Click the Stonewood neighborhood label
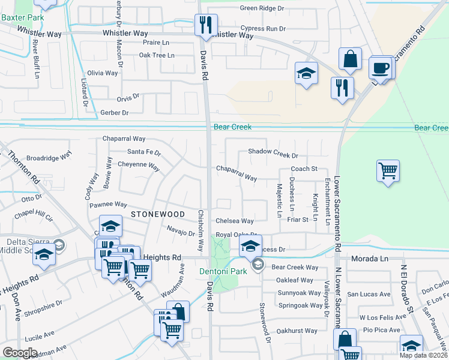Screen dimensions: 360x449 [158, 214]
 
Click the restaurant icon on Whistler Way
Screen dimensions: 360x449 [205, 25]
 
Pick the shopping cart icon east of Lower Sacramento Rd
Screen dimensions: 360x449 [388, 170]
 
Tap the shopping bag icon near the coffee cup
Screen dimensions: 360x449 [350, 59]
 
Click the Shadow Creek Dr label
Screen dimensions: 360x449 [273, 153]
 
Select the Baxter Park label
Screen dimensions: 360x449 [22, 18]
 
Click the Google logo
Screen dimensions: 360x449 [20, 353]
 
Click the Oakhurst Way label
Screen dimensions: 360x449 [297, 331]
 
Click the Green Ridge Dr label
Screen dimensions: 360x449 [261, 8]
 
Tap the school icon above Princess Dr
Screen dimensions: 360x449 [250, 244]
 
